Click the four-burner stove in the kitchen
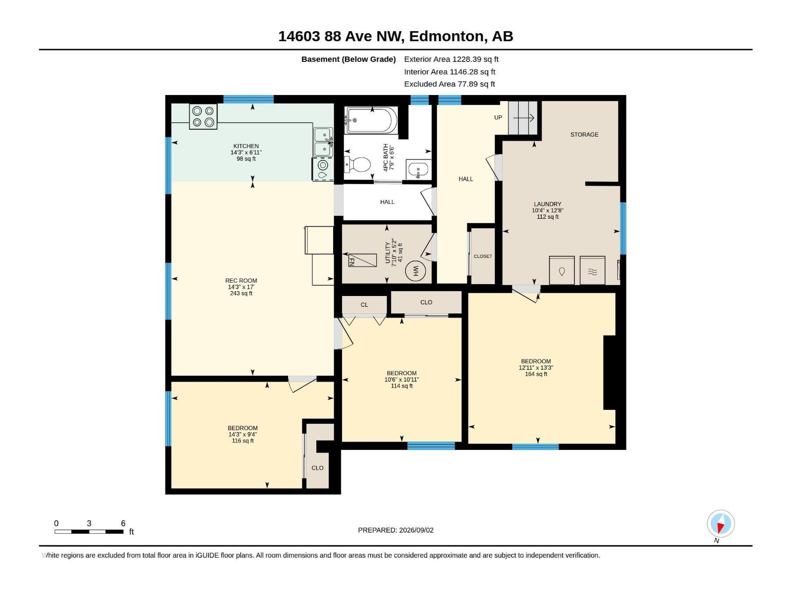[x=203, y=116]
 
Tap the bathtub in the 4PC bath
[x=371, y=120]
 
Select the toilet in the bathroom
[x=357, y=165]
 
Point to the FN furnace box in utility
[x=362, y=260]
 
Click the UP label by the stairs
[x=498, y=118]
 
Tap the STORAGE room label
[x=584, y=135]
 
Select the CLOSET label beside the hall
[x=483, y=256]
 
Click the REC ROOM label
[x=241, y=281]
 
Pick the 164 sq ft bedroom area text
[x=536, y=374]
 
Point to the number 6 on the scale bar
[x=123, y=523]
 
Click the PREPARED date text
[x=396, y=530]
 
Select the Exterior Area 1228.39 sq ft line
[x=451, y=59]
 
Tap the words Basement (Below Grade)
[x=348, y=59]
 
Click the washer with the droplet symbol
[x=561, y=270]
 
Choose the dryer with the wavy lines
[x=593, y=270]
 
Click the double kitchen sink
[x=323, y=142]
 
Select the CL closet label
[x=364, y=305]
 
